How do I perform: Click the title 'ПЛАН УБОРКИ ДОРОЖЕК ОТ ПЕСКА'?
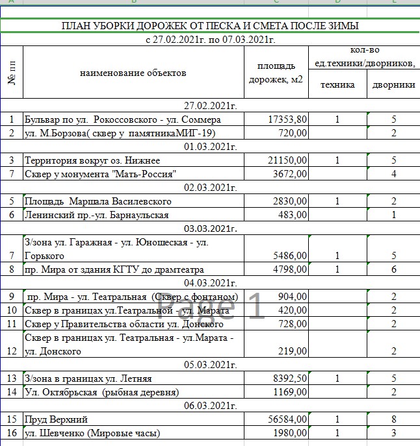click(x=209, y=26)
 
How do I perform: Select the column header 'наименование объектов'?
click(x=133, y=73)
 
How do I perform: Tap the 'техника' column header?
click(x=337, y=84)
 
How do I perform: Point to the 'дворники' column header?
click(x=393, y=84)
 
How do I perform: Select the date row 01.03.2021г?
click(x=209, y=147)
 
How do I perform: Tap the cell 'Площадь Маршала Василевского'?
click(x=98, y=201)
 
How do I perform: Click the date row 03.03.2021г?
click(x=209, y=229)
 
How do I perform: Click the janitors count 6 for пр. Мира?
click(x=394, y=269)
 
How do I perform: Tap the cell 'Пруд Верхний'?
click(x=56, y=419)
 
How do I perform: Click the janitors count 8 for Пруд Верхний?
click(x=394, y=419)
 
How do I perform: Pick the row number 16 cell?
click(x=12, y=433)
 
